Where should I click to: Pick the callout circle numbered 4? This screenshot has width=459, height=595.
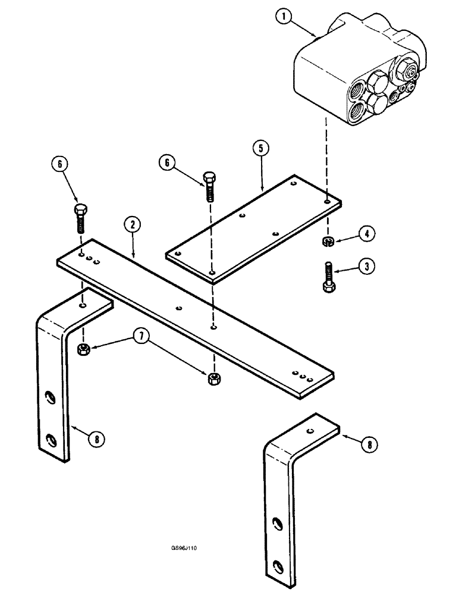point(367,234)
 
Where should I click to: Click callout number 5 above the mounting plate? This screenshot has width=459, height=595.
point(262,149)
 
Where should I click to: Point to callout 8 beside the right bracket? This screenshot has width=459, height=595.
point(368,443)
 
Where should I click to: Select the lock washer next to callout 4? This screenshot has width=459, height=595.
point(328,240)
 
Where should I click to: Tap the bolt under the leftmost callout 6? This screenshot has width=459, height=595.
point(81,218)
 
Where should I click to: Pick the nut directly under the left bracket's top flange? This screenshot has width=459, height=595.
point(83,348)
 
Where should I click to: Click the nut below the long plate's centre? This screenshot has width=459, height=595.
point(212,378)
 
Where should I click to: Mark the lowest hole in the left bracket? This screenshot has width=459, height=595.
point(52,440)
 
